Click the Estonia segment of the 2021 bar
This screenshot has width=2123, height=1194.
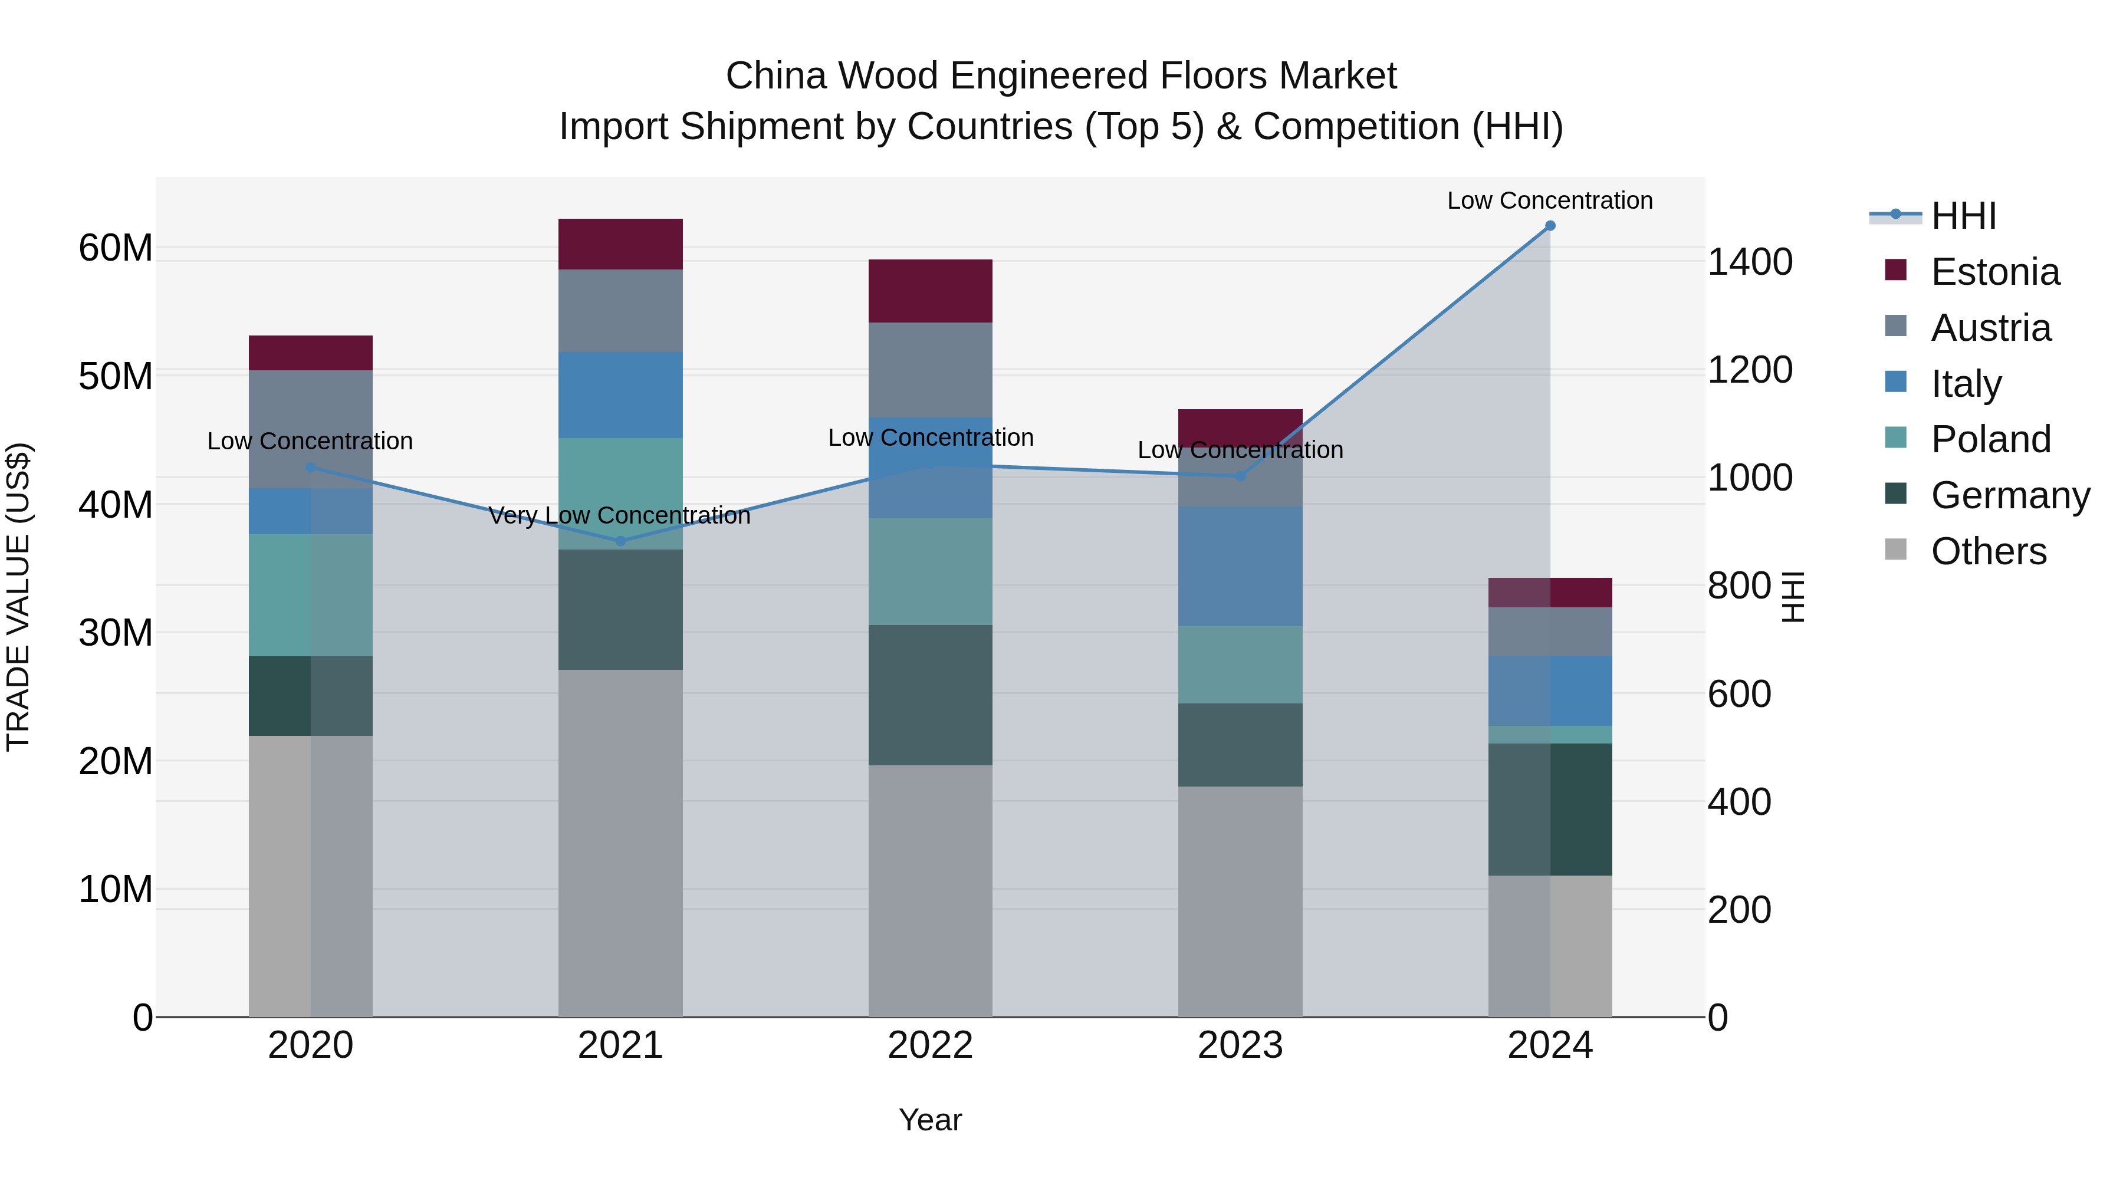point(620,244)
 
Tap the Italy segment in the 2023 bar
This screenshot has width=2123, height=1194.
point(1240,566)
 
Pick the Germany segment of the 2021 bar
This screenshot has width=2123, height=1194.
point(620,609)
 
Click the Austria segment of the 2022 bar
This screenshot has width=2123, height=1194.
point(931,369)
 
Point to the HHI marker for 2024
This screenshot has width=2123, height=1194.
point(1550,226)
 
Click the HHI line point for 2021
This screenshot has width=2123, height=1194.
point(620,541)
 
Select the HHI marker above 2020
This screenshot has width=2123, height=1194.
point(311,467)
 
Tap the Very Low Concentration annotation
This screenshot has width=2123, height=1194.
point(620,516)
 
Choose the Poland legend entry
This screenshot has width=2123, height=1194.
point(1990,439)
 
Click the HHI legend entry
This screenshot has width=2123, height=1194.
point(1963,216)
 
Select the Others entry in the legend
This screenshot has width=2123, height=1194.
point(1988,551)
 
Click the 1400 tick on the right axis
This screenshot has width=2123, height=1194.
point(1750,262)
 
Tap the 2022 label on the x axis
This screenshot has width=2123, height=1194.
point(931,1045)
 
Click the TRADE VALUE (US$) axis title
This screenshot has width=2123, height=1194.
point(18,597)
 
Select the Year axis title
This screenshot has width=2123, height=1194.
point(931,1120)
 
